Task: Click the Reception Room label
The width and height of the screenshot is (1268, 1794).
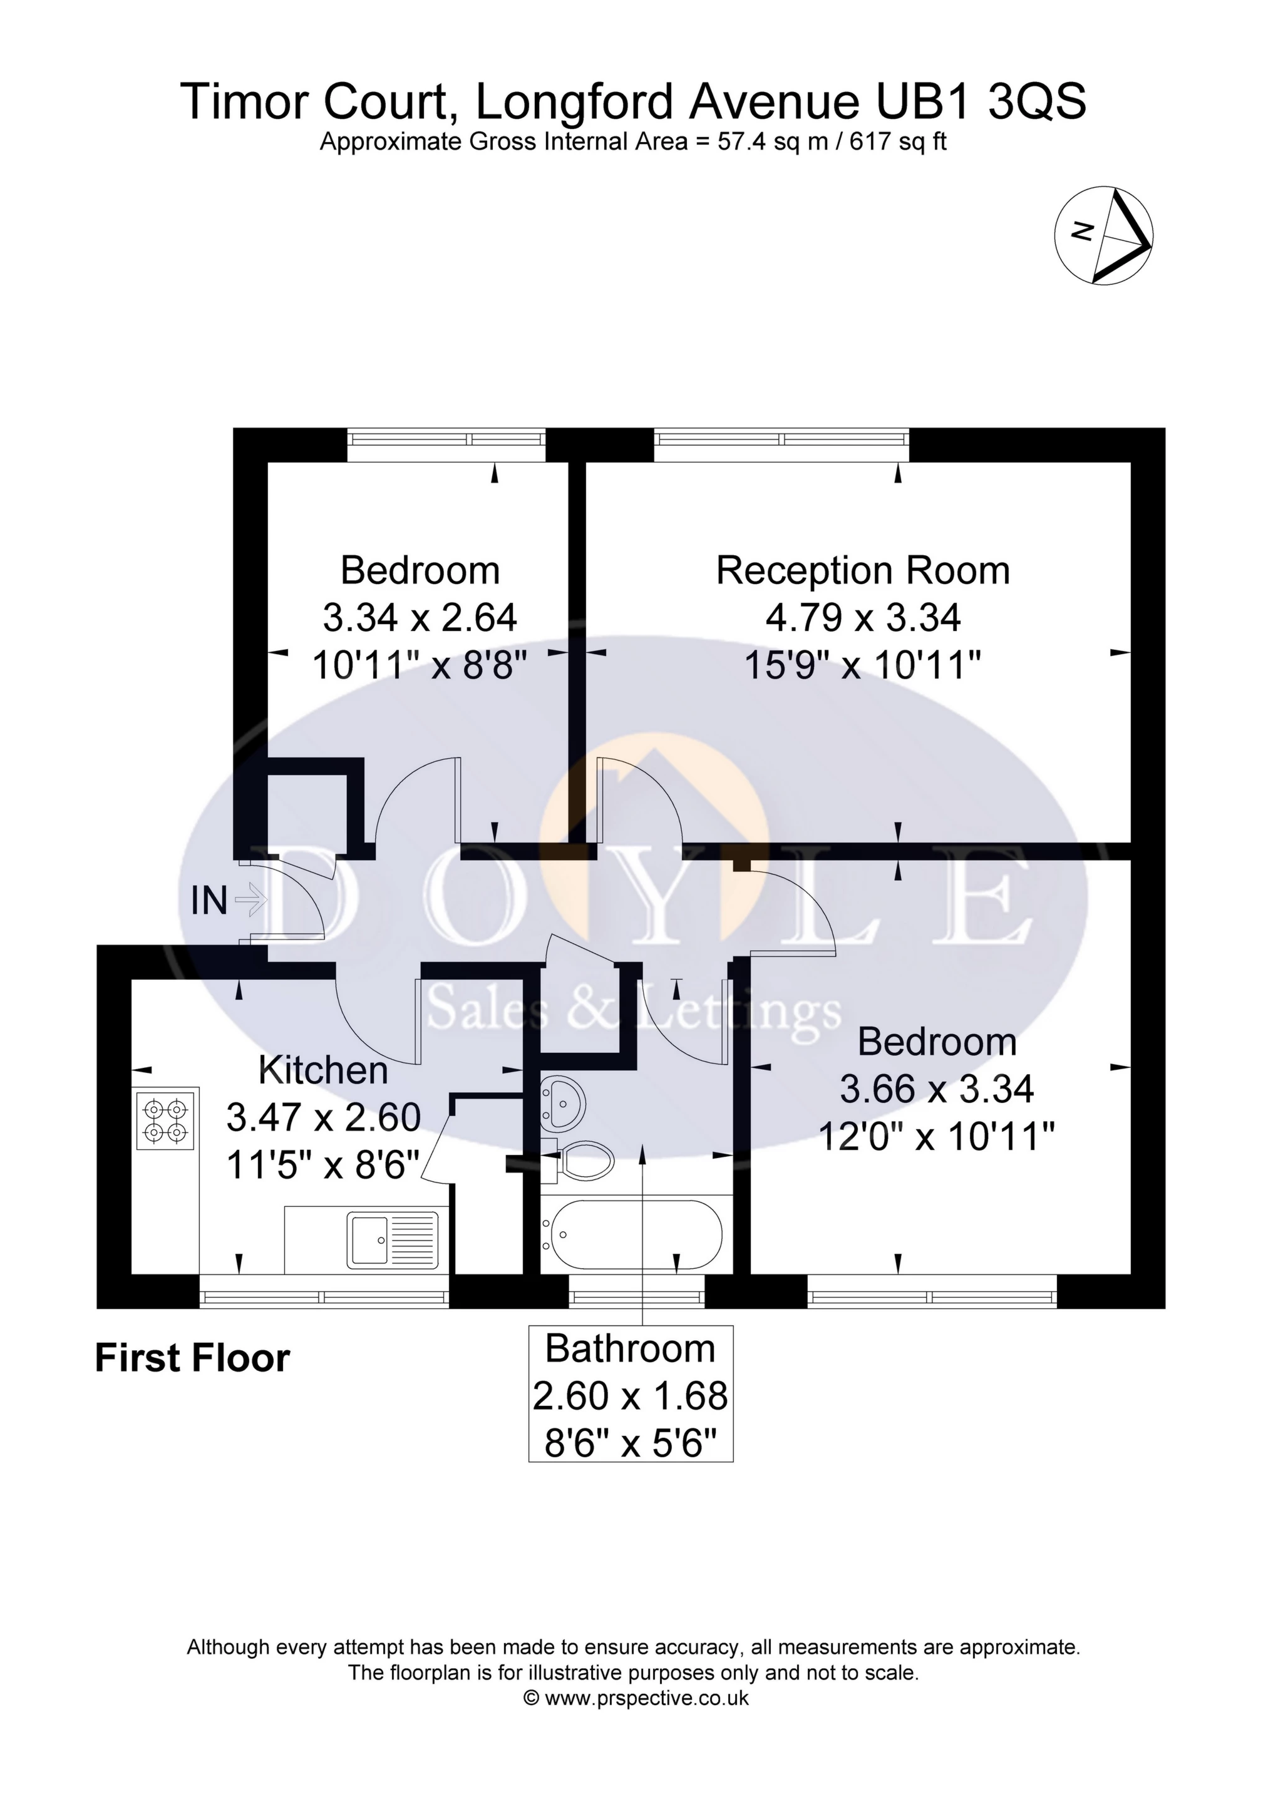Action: tap(862, 570)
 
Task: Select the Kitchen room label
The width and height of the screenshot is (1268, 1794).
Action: tap(323, 1070)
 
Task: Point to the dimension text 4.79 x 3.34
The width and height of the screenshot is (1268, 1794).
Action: tap(862, 617)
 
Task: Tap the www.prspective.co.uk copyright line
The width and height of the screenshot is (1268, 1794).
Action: tap(635, 1697)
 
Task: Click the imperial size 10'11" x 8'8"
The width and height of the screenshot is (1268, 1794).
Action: tap(420, 666)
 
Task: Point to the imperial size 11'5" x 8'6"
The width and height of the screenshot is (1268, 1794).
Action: tap(323, 1165)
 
